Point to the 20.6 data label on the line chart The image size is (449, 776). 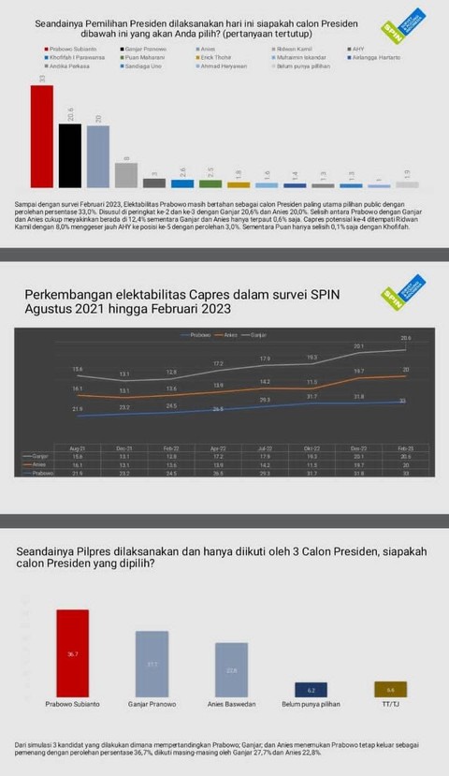(x=405, y=338)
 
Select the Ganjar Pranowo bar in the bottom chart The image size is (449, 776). (x=152, y=664)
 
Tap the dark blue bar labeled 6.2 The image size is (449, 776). (x=310, y=689)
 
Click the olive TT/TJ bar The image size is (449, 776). (x=390, y=689)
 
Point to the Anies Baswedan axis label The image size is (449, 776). (x=231, y=704)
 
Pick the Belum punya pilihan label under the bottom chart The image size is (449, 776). (x=311, y=704)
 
